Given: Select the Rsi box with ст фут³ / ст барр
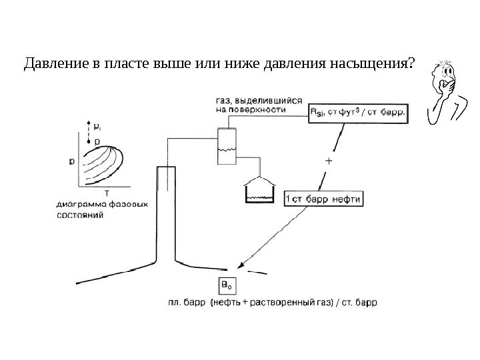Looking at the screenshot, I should pyautogui.click(x=357, y=113).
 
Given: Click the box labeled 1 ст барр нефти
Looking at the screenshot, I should pyautogui.click(x=323, y=199).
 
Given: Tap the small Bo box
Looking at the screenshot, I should pyautogui.click(x=227, y=286).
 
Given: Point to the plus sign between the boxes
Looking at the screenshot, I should pyautogui.click(x=329, y=161).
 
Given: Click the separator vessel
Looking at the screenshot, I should pyautogui.click(x=227, y=145).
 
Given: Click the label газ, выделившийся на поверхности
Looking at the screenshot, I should pyautogui.click(x=250, y=103).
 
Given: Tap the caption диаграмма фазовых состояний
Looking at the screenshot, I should pyautogui.click(x=102, y=210).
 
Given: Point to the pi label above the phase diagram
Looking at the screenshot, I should pyautogui.click(x=99, y=125).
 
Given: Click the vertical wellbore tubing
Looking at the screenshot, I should pyautogui.click(x=165, y=213).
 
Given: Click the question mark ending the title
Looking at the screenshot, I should pyautogui.click(x=409, y=64).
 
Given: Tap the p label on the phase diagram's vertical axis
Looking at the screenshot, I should pyautogui.click(x=72, y=161).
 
